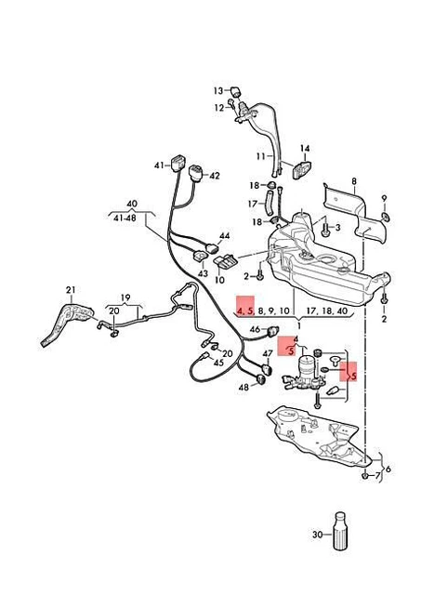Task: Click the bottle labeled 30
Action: click(340, 531)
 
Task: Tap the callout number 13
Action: click(218, 91)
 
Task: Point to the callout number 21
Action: click(71, 290)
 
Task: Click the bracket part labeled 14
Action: click(301, 169)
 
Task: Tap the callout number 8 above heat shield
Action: click(354, 181)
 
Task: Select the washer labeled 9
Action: click(385, 217)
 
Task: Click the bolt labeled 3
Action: click(325, 229)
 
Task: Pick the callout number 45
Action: click(218, 363)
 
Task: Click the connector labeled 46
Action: click(273, 331)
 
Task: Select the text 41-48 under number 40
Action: click(125, 219)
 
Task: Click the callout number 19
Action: click(125, 297)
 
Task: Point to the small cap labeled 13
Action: click(235, 91)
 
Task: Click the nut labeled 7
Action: click(365, 475)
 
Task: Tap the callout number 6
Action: click(388, 469)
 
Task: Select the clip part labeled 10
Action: click(227, 261)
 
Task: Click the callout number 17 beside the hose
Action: click(253, 205)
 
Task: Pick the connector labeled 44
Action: click(213, 248)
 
